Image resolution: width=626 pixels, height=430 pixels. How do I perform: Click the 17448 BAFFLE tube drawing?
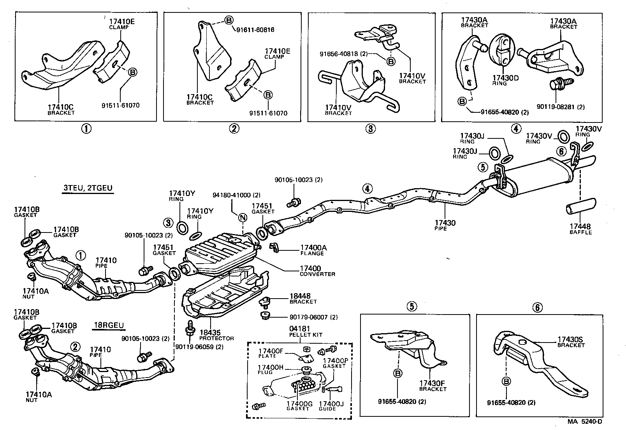(580, 206)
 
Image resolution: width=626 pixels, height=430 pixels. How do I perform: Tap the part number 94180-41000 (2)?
(236, 195)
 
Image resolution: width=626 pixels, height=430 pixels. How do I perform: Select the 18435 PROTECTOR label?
(216, 335)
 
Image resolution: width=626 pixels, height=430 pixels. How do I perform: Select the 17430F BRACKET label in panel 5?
(432, 385)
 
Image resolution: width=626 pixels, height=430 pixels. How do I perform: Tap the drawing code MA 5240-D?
(584, 421)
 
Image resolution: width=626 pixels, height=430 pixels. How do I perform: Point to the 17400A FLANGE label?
(313, 250)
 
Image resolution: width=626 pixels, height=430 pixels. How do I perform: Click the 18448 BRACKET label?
(303, 298)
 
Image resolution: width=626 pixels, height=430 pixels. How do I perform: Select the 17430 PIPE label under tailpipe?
(445, 225)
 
